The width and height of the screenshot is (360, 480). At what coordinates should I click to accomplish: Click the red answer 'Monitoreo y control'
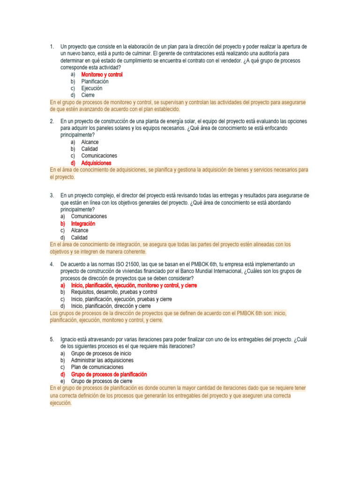(102, 75)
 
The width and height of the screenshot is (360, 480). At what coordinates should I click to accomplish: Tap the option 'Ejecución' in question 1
(91, 88)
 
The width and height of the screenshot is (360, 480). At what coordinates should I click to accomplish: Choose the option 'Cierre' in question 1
(88, 95)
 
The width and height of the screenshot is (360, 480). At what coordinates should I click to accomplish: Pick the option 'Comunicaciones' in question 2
(99, 156)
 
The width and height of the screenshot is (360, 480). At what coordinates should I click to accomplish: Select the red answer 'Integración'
(83, 224)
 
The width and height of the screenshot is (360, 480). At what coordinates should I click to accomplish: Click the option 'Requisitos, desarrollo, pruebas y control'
(114, 292)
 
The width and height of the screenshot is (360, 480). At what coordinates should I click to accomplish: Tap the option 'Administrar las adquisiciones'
(102, 360)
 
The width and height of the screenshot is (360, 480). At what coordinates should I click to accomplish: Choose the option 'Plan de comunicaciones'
(97, 367)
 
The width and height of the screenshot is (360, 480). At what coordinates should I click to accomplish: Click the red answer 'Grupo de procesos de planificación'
(109, 375)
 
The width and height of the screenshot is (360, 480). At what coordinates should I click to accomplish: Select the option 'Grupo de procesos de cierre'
(101, 381)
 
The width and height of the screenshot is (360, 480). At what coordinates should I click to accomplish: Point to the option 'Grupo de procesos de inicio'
(101, 353)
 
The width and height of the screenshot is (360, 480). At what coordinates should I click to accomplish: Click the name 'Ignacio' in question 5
(69, 339)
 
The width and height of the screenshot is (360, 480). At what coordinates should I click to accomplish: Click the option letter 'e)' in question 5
(63, 381)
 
